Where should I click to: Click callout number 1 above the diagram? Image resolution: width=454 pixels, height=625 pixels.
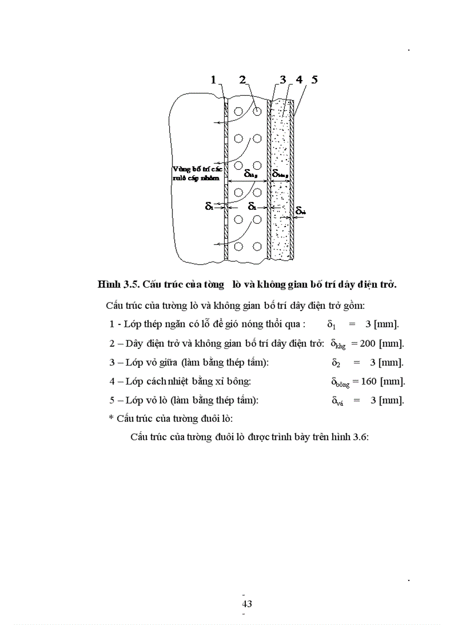coord(213,80)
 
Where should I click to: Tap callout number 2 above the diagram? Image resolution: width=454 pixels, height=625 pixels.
coord(242,80)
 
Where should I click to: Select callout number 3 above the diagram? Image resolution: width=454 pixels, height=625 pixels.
coord(283,80)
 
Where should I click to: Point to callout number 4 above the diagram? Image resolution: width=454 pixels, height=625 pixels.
coord(299,80)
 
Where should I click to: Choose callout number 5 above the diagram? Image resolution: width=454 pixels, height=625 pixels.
coord(314,80)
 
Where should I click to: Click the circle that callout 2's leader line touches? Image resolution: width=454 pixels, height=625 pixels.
coord(256,111)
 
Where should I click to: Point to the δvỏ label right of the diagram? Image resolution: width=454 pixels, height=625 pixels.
coord(300,211)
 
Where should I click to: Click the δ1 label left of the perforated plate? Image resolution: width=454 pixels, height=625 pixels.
coord(209,206)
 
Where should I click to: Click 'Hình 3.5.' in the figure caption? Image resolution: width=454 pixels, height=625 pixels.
coord(118,284)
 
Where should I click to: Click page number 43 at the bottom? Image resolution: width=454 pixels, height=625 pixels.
coord(247,604)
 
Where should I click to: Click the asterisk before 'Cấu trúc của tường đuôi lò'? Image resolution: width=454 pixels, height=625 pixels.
coord(111,419)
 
